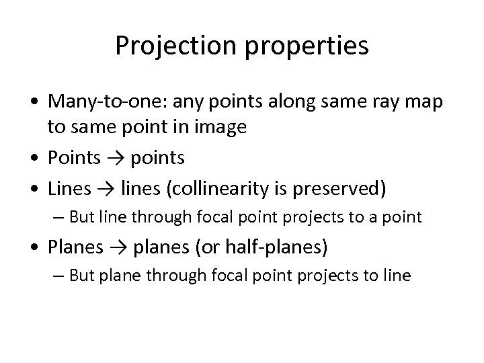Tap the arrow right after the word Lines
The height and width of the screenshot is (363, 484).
click(x=108, y=190)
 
